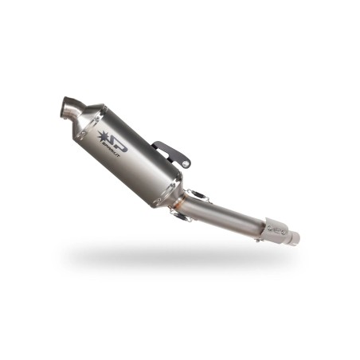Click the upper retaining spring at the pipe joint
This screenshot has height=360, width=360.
[x=198, y=194]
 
